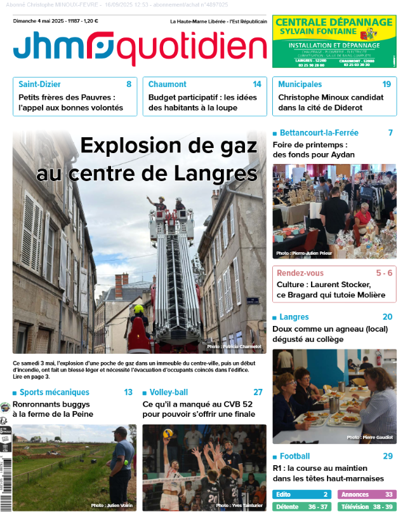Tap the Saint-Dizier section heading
39,84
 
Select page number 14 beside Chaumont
256,84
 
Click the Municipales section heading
300,84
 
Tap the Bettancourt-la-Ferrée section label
319,133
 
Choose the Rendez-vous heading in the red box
300,273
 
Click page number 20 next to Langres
387,316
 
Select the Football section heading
294,456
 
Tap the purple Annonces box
367,494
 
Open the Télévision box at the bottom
367,507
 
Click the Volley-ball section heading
168,392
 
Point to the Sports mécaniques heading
54,392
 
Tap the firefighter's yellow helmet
138,309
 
